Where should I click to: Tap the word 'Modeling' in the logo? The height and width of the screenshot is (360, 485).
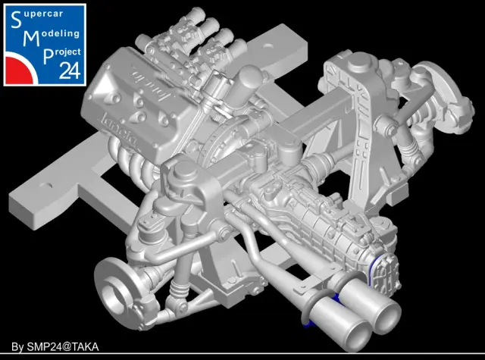pyautogui.click(x=52, y=36)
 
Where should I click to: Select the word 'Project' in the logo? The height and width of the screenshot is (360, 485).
pyautogui.click(x=62, y=54)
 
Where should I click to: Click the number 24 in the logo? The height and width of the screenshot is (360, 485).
pyautogui.click(x=70, y=70)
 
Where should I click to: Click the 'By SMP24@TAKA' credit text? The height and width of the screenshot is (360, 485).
pyautogui.click(x=55, y=346)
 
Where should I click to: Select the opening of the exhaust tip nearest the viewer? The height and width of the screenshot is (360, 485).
pyautogui.click(x=355, y=337)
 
